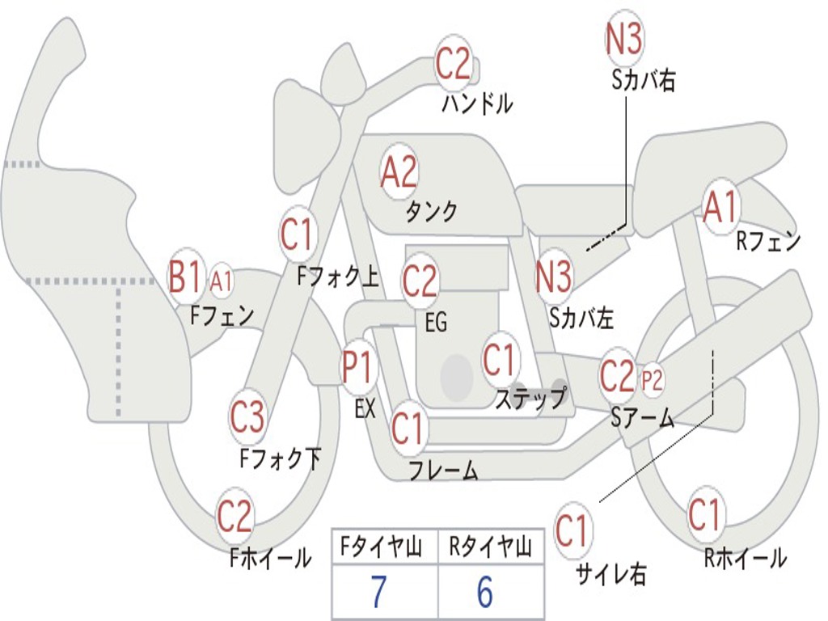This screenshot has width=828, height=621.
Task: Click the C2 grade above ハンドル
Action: (x=453, y=64)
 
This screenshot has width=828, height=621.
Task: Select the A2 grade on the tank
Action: (x=399, y=171)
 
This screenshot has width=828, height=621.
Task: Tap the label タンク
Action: (x=431, y=212)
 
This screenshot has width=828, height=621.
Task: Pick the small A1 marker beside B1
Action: (x=222, y=282)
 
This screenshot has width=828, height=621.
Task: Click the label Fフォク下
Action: (x=280, y=459)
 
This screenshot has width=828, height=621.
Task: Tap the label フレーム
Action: (x=443, y=471)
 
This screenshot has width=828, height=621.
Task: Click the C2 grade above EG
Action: (x=420, y=280)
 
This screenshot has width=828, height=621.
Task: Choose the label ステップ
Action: (x=530, y=399)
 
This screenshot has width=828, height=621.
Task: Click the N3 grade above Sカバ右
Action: (x=623, y=39)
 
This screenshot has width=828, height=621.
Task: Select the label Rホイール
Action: (x=745, y=557)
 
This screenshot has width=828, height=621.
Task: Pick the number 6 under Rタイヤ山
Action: (x=484, y=593)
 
